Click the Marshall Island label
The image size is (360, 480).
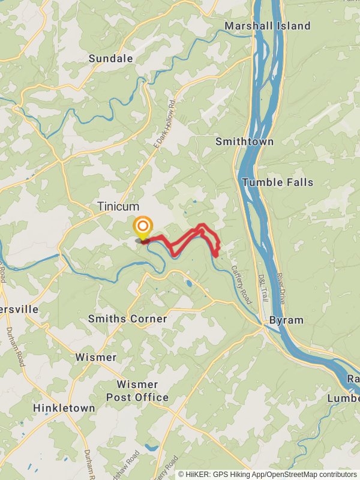[268, 26]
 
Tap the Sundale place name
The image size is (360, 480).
[110, 58]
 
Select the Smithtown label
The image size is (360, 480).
[244, 142]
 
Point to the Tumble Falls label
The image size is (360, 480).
[278, 182]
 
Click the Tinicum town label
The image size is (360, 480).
[118, 206]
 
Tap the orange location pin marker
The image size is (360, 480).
[143, 229]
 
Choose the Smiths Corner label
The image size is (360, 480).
[127, 319]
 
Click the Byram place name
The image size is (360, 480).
[286, 320]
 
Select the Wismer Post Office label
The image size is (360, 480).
[137, 391]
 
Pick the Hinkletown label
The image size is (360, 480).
[64, 408]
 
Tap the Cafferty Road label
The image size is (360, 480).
[241, 284]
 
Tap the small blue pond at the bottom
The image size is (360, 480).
[151, 447]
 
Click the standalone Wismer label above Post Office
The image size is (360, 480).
[96, 357]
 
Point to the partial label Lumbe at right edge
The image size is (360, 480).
[344, 398]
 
